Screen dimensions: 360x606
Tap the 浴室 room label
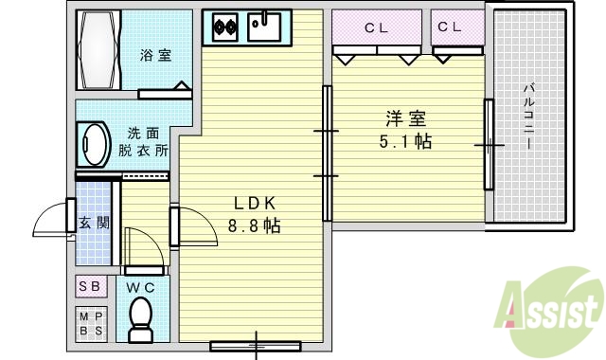pyautogui.click(x=156, y=55)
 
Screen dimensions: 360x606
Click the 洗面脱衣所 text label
pyautogui.click(x=144, y=142)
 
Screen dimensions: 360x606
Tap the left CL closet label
pyautogui.click(x=377, y=27)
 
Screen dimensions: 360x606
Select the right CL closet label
pyautogui.click(x=450, y=27)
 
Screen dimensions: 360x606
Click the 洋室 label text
pyautogui.click(x=404, y=119)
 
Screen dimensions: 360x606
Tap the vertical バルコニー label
pyautogui.click(x=527, y=118)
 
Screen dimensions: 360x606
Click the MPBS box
pyautogui.click(x=92, y=324)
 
